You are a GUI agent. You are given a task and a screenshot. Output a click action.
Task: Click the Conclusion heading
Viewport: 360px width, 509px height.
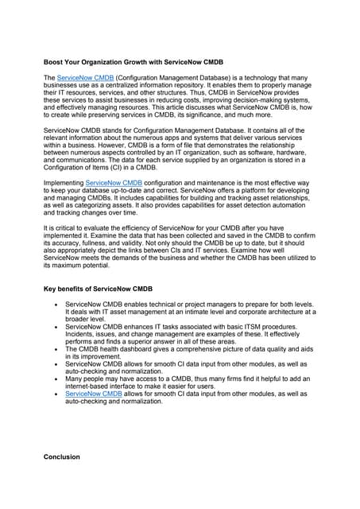click(61, 457)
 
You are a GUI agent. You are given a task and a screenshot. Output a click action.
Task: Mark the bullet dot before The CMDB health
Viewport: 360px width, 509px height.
click(54, 349)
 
